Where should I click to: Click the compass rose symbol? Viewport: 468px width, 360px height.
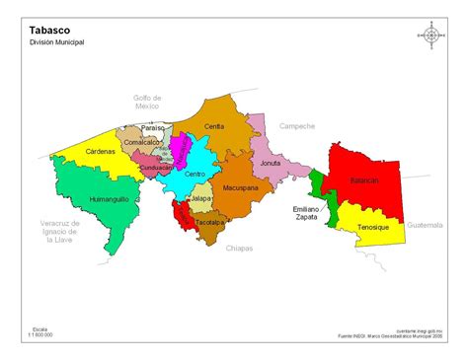pos(430,35)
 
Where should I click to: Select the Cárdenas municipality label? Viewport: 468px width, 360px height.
pos(93,152)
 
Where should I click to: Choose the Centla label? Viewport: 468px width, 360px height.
pos(214,126)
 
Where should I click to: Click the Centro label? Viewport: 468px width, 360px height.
pos(195,175)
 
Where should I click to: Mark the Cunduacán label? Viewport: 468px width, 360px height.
pos(156,168)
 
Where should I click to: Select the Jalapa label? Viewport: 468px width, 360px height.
pos(200,198)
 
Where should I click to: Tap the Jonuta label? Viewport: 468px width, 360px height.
pos(271,163)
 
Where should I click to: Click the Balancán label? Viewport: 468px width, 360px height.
pos(364,180)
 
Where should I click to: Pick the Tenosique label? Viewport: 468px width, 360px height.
pos(372,228)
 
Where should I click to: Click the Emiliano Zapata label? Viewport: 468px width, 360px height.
pos(308,215)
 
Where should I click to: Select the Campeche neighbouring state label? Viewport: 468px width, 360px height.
pos(296,126)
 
